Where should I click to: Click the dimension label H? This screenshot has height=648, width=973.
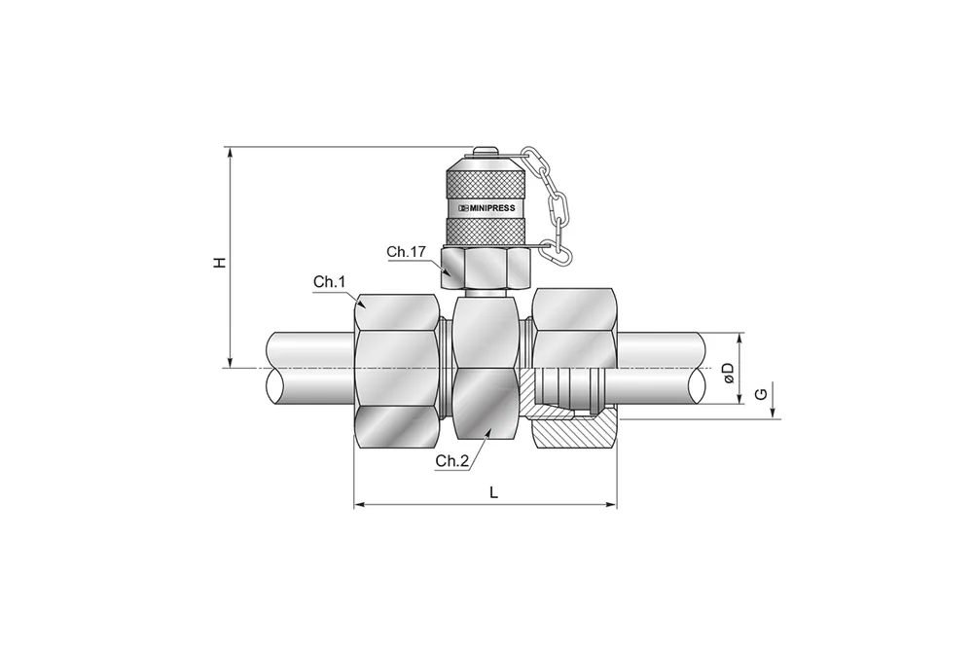click(220, 263)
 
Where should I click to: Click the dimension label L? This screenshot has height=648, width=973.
click(494, 492)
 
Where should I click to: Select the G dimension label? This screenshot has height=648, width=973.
click(762, 394)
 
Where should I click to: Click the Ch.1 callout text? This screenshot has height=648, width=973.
click(329, 282)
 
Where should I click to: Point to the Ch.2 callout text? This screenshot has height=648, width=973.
click(452, 460)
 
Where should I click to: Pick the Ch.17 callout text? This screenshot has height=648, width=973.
click(407, 252)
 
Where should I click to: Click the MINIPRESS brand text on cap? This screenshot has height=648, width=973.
click(486, 207)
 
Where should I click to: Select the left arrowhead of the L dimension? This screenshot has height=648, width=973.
click(358, 505)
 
